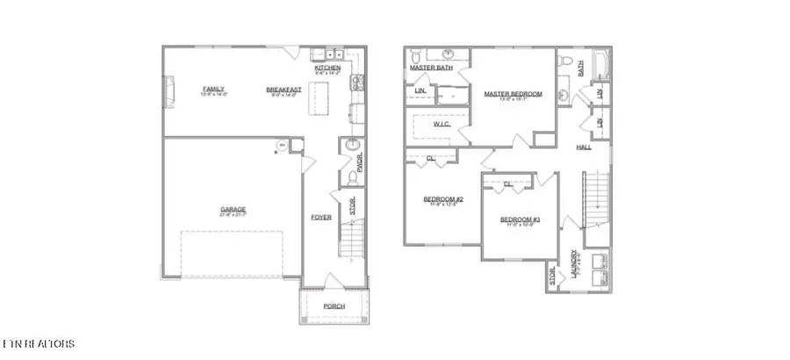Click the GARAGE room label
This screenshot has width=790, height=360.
pos(233,209)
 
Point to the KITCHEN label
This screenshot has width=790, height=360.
pos(328,67)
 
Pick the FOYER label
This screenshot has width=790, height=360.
pos(320,216)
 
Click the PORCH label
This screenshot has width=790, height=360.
pos(334,306)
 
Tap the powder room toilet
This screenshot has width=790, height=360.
pos(352,178)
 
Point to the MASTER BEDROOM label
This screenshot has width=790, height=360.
pos(513,94)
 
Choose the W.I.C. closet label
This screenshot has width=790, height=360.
pos(442,125)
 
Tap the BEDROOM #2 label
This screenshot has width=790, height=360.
pos(443,199)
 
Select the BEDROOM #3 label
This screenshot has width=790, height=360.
pos(518,220)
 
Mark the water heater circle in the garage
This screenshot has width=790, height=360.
pos(282,146)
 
